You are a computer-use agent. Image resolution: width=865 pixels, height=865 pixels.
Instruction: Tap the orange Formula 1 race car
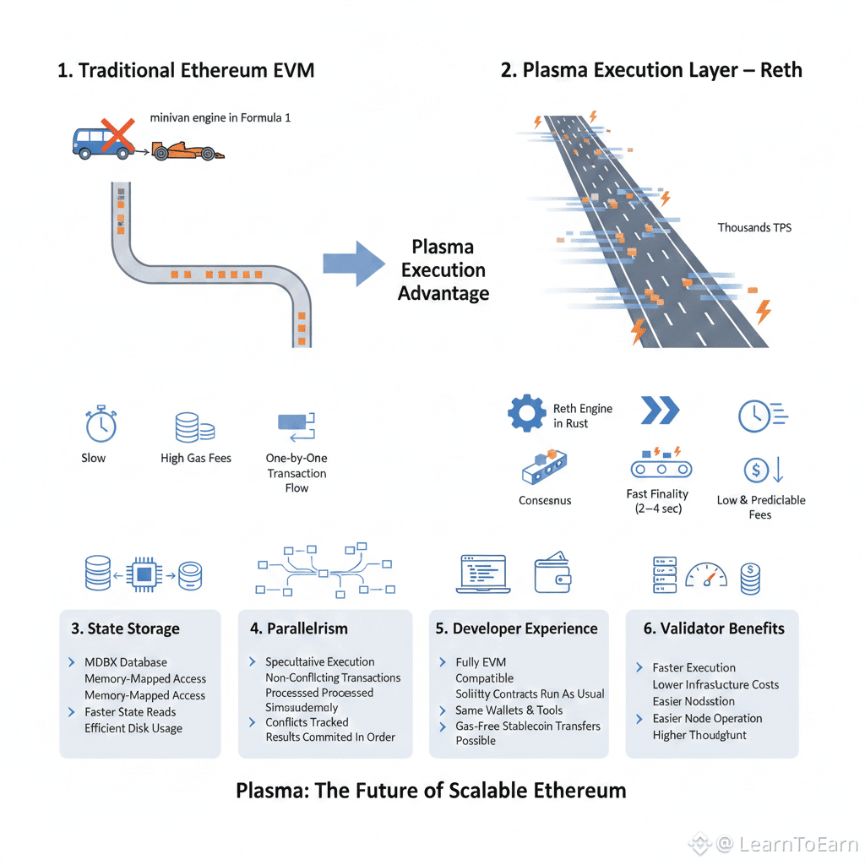(x=188, y=151)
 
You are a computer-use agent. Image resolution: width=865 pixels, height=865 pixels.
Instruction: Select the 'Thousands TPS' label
(x=754, y=227)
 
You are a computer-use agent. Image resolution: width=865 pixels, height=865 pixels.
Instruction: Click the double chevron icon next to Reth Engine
(x=660, y=411)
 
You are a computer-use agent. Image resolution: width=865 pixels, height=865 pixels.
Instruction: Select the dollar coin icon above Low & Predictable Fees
(x=755, y=470)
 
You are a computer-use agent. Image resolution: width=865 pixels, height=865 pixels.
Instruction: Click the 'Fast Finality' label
(x=657, y=494)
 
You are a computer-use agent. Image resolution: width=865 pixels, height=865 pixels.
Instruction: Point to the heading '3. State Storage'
(x=125, y=628)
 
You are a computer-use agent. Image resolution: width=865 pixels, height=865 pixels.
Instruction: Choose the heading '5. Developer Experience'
(x=516, y=628)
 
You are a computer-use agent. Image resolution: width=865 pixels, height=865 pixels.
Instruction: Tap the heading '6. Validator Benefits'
(x=711, y=628)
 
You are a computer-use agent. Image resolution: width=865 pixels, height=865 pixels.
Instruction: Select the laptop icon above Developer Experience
(x=481, y=574)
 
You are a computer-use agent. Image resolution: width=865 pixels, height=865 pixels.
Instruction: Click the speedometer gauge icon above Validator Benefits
(x=706, y=575)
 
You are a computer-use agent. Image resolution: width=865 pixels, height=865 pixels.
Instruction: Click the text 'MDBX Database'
(x=126, y=662)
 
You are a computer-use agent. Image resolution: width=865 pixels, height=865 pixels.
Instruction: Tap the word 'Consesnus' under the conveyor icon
(x=545, y=500)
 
